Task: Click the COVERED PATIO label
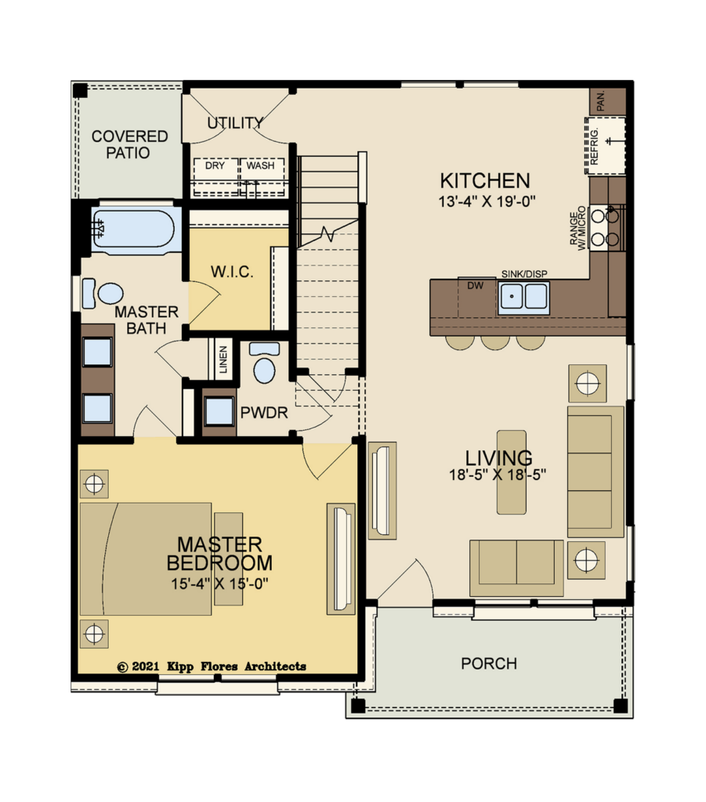pyautogui.click(x=129, y=144)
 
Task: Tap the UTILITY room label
pyautogui.click(x=235, y=123)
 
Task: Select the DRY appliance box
pyautogui.click(x=215, y=177)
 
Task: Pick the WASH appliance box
pyautogui.click(x=262, y=177)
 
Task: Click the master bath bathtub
pyautogui.click(x=136, y=229)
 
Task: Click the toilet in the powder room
pyautogui.click(x=264, y=363)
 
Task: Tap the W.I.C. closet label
pyautogui.click(x=232, y=272)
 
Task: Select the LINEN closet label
pyautogui.click(x=223, y=359)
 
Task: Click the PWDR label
pyautogui.click(x=264, y=413)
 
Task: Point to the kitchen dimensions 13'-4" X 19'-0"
pyautogui.click(x=487, y=201)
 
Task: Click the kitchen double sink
pyautogui.click(x=523, y=297)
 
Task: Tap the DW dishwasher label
pyautogui.click(x=476, y=286)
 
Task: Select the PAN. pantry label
pyautogui.click(x=601, y=101)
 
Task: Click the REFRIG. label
pyautogui.click(x=594, y=146)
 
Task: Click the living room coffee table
pyautogui.click(x=512, y=471)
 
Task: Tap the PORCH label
pyautogui.click(x=489, y=663)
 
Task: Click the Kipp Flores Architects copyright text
pyautogui.click(x=212, y=667)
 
